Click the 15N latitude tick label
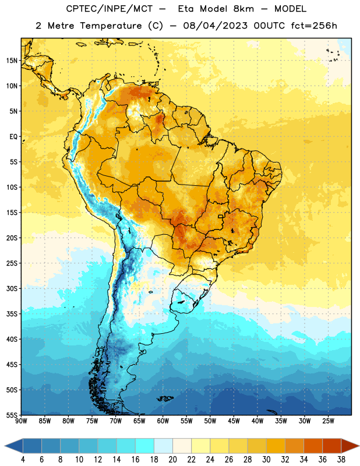(12, 61)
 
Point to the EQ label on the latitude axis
(13, 137)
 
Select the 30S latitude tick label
(12, 288)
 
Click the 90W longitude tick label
(21, 421)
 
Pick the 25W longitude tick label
(328, 421)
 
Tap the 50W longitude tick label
(210, 421)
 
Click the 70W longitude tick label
(116, 421)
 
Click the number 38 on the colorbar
(341, 460)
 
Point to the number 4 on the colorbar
(23, 460)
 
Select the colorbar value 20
(172, 460)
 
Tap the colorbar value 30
(266, 460)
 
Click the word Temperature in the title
(111, 26)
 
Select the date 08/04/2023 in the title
(215, 26)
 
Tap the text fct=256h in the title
(314, 26)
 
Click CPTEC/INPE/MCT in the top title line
(110, 9)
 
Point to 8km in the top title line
(243, 9)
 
